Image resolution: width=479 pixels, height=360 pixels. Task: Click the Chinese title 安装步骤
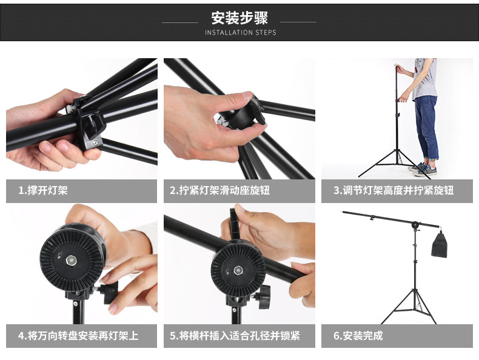click(x=239, y=18)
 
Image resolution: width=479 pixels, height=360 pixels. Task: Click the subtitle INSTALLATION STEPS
click(x=241, y=32)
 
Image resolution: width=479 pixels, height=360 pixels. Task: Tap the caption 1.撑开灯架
click(x=43, y=190)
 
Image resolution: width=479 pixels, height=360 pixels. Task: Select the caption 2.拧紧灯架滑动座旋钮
click(x=219, y=190)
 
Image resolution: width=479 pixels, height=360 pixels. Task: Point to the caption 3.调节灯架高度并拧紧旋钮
click(x=394, y=190)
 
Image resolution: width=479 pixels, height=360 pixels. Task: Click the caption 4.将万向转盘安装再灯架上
click(x=78, y=336)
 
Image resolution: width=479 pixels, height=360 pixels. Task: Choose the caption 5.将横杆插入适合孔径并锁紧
click(x=235, y=336)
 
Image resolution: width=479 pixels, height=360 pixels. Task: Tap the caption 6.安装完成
click(x=358, y=336)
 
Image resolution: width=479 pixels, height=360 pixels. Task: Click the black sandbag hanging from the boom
click(x=440, y=244)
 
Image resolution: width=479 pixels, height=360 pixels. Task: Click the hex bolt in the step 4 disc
click(x=72, y=261)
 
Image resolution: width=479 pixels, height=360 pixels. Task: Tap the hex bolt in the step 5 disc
click(x=238, y=270)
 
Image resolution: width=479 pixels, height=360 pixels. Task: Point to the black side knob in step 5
click(x=264, y=297)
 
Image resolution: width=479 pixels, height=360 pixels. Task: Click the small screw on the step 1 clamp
click(x=95, y=142)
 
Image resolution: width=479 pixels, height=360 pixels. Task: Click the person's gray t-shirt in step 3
click(x=425, y=79)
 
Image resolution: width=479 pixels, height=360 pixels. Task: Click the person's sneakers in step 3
click(x=423, y=170)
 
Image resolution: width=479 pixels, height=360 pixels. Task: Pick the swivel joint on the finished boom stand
click(x=415, y=225)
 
